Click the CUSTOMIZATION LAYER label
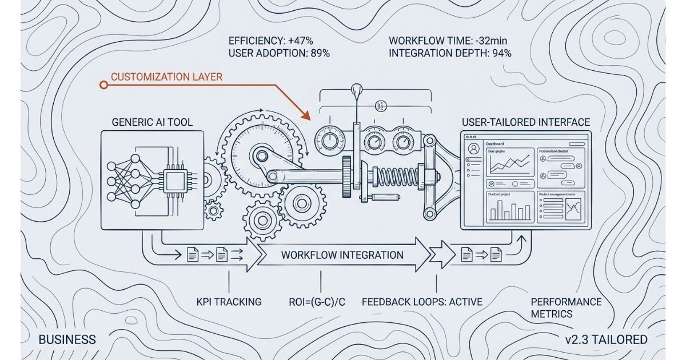(x=166, y=77)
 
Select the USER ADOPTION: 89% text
(x=279, y=54)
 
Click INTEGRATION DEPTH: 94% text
(x=450, y=54)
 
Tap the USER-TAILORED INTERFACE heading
(x=525, y=122)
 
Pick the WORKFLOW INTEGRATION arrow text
(x=342, y=255)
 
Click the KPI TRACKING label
(x=228, y=302)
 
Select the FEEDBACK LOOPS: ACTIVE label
(x=422, y=302)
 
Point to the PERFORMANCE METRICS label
(x=565, y=307)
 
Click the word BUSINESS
(x=67, y=339)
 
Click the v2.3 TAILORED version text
(x=606, y=339)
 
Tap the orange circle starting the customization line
(x=103, y=85)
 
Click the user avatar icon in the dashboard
(x=473, y=149)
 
